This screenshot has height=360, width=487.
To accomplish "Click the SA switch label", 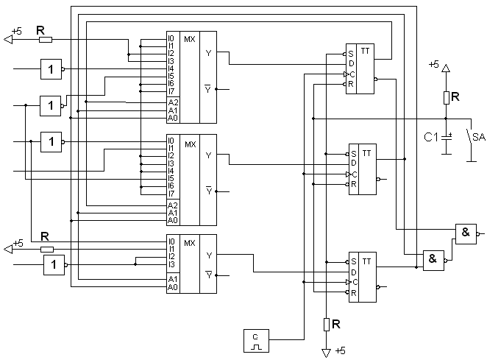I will click(x=478, y=136).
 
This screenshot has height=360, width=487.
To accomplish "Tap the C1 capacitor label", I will click(x=430, y=136).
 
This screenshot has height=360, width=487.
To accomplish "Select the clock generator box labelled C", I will click(x=255, y=341).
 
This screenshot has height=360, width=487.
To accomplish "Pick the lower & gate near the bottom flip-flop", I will click(x=433, y=258).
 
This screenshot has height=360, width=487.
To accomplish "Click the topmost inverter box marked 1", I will click(x=51, y=69).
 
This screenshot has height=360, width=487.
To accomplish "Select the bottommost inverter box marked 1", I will click(x=54, y=264).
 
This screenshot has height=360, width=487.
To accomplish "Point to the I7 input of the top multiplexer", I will click(x=171, y=91).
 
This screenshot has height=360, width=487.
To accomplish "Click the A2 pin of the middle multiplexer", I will click(x=172, y=205).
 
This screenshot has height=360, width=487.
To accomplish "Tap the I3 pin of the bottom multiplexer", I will click(x=171, y=264).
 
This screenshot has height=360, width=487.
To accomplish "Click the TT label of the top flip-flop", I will click(x=366, y=54).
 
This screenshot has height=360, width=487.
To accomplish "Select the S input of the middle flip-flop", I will click(x=354, y=154).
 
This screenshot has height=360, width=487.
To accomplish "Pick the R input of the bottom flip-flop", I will click(x=354, y=292).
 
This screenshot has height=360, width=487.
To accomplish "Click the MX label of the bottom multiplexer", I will click(x=189, y=242).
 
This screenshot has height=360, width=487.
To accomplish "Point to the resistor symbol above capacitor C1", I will click(x=445, y=97).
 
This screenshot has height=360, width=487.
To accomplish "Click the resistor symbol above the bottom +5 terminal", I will click(x=326, y=324).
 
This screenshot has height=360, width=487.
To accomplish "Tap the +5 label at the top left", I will click(x=18, y=32).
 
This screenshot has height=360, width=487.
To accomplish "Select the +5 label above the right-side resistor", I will click(x=433, y=65).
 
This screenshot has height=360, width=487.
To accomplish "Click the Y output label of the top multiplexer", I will click(x=208, y=53).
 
